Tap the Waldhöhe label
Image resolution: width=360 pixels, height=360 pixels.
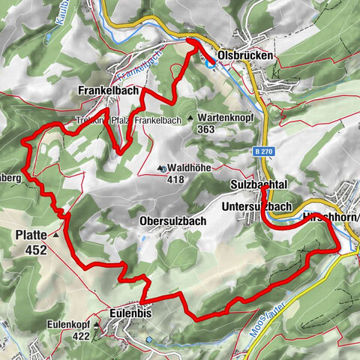pos(187,169)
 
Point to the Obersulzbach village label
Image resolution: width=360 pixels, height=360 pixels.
pos(173,221)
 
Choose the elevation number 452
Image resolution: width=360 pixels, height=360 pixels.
pos(35,250)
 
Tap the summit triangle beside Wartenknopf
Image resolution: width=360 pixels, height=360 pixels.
pos(190,118)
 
